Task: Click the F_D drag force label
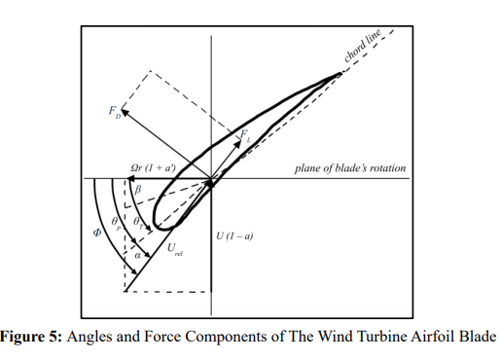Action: tap(115, 112)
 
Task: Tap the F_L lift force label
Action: tap(245, 136)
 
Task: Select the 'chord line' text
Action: tap(362, 46)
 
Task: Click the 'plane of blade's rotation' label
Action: tap(350, 168)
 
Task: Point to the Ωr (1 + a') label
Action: tap(154, 167)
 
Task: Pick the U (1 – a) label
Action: tap(234, 236)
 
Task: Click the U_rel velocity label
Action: tap(175, 250)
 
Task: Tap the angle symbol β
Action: tap(138, 189)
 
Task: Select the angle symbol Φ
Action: tap(97, 233)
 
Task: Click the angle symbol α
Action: tap(138, 256)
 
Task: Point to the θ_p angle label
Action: tap(116, 223)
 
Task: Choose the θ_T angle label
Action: tap(138, 223)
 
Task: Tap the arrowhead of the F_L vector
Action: tap(238, 143)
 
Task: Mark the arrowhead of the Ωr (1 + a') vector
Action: tap(130, 178)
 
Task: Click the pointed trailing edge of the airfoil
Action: tap(341, 74)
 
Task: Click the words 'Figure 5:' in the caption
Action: tap(31, 337)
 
